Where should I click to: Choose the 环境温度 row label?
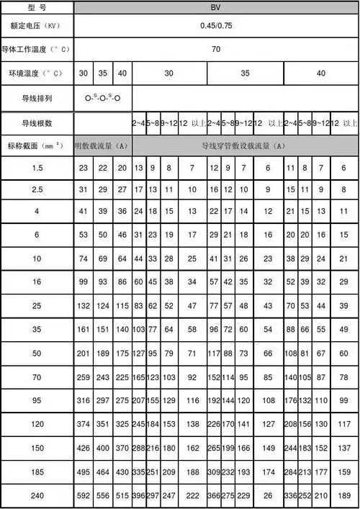[36, 73]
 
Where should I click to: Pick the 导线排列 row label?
[36, 98]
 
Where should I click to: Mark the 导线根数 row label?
[36, 123]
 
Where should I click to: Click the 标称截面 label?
[36, 146]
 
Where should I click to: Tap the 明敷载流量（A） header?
[102, 146]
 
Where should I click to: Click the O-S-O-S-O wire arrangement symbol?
[102, 98]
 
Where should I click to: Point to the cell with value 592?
[84, 495]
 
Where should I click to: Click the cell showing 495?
[84, 472]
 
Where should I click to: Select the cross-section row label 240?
[36, 495]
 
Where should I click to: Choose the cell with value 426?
[84, 448]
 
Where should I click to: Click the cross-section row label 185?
[36, 472]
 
